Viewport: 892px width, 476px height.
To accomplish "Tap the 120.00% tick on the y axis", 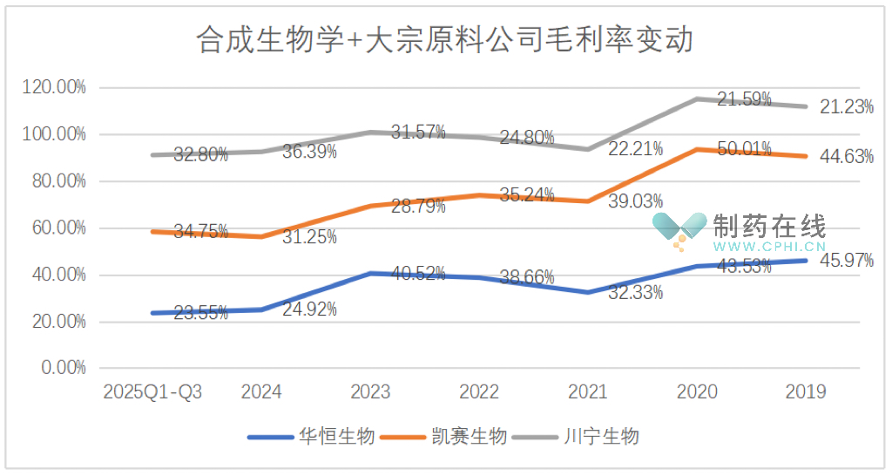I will coord(55,87).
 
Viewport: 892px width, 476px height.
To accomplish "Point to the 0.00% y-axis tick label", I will coord(60,368).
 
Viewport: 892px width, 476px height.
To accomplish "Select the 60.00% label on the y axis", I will coord(55,228).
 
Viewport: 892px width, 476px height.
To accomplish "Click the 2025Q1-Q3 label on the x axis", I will coord(152,392).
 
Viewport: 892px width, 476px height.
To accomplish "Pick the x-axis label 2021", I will coord(587,392).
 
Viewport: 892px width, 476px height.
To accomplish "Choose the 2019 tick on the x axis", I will coord(805,392).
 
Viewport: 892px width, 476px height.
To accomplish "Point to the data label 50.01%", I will coord(744,149).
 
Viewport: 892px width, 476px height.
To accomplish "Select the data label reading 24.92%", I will coord(309,309).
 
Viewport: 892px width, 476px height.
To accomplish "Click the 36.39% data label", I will coord(309,152).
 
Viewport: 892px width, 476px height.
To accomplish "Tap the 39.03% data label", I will coord(635,201).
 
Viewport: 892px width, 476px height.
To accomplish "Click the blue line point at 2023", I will coord(370,274).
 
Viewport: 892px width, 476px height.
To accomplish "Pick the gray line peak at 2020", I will coord(696,99).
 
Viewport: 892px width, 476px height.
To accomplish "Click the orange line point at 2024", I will coord(261,236).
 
